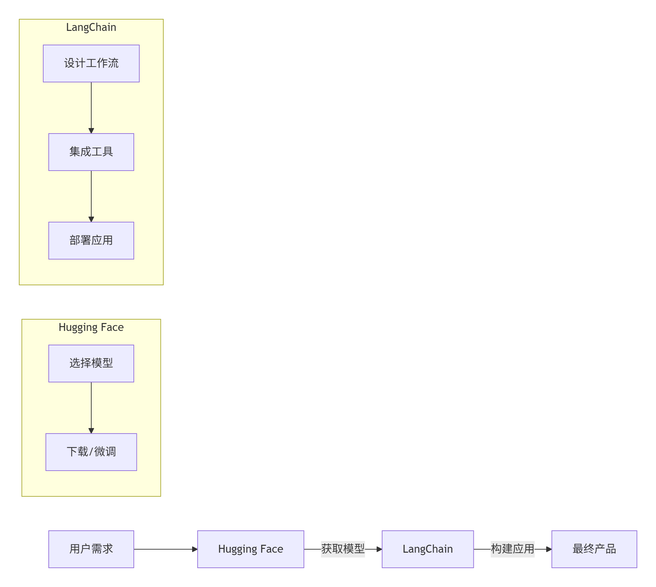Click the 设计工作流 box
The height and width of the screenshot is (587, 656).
click(x=91, y=64)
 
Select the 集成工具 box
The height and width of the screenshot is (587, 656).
click(x=91, y=152)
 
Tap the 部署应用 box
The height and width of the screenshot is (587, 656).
click(x=91, y=241)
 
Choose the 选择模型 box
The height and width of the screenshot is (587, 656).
click(x=91, y=364)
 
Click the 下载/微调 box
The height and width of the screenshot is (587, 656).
click(x=91, y=452)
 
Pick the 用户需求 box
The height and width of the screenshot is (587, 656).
click(x=91, y=549)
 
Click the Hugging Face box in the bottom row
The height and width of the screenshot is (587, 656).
click(x=250, y=549)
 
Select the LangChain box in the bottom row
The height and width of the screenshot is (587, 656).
click(x=427, y=549)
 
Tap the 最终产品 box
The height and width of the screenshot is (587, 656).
click(x=594, y=549)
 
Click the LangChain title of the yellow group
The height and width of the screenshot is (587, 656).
click(x=91, y=27)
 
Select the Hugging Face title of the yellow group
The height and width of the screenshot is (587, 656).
click(x=91, y=327)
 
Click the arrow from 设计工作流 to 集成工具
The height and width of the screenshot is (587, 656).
click(x=91, y=106)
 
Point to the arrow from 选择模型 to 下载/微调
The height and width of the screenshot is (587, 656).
click(x=91, y=407)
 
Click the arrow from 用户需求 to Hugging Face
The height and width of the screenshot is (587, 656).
click(x=165, y=549)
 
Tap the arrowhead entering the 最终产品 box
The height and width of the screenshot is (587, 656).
click(x=549, y=549)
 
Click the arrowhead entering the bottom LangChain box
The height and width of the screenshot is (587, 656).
click(x=379, y=549)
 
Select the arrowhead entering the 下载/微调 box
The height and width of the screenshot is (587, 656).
click(x=91, y=430)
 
